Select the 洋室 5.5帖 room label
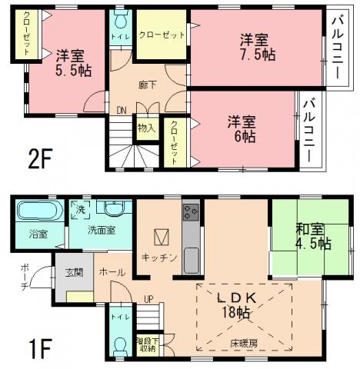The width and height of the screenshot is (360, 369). coord(69,61)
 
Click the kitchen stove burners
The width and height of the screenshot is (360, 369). coord(191,211)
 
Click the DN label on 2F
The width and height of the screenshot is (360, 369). coord(122,111)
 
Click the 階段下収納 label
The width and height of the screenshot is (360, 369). coord(147,342)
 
